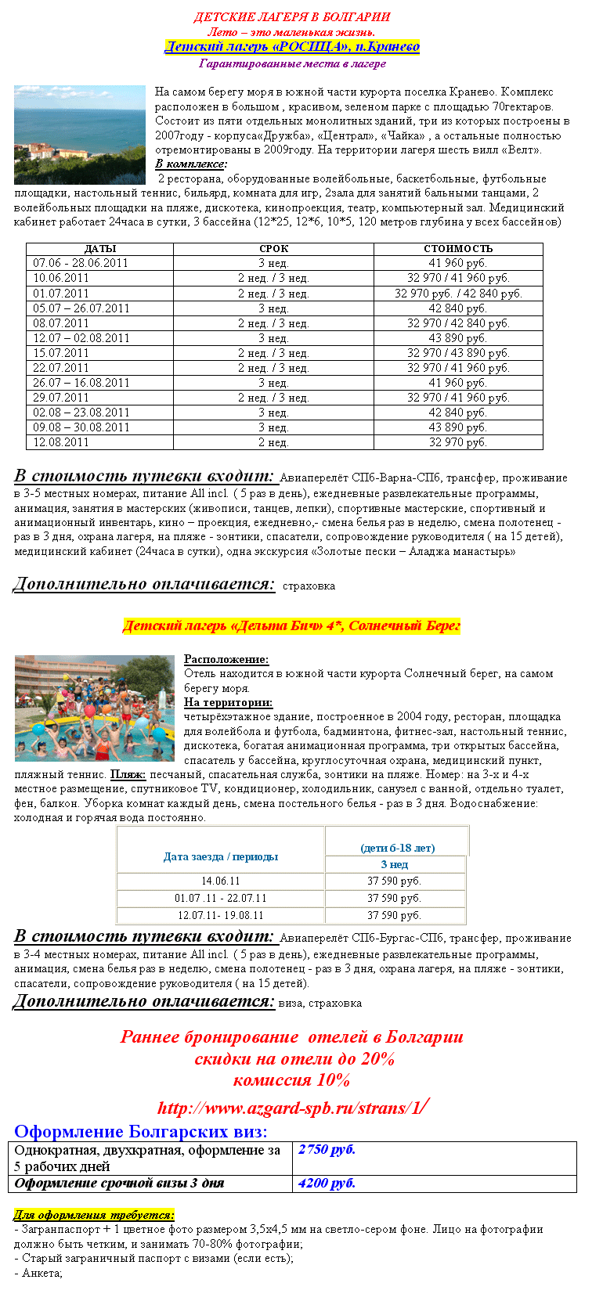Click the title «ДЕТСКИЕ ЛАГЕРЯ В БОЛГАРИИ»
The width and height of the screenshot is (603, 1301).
coord(292,17)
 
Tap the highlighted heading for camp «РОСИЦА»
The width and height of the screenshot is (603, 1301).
coord(292,47)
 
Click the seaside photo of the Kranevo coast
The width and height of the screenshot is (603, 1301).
coord(80,135)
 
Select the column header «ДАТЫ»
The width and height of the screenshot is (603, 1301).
coord(99,249)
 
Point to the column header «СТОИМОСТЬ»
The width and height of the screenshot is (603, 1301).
coord(458,249)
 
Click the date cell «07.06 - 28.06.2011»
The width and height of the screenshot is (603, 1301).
coord(81,263)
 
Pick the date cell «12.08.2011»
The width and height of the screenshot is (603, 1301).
coord(61,442)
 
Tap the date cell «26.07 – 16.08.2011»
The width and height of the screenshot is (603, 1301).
coord(81,383)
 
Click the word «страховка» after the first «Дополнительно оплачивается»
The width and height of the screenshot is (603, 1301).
coord(309,586)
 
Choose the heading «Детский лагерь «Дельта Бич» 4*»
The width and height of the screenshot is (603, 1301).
coord(291,626)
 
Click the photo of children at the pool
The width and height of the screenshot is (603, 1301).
coord(94,708)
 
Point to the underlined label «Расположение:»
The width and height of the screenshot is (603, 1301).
coord(226,659)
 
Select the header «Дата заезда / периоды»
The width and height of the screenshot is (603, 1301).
coord(221,856)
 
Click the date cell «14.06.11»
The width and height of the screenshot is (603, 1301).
coord(221,881)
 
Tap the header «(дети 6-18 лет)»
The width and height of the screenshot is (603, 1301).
coord(397,848)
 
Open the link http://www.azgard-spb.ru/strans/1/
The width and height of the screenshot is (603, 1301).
coord(291,1108)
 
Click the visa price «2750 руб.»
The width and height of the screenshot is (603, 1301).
coord(327,1150)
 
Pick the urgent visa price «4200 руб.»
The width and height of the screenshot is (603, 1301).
coord(327,1183)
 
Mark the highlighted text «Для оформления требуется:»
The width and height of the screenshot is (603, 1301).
coord(94,1215)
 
